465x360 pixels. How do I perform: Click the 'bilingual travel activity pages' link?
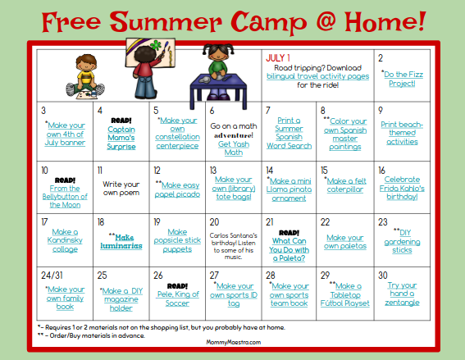click(x=316, y=75)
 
